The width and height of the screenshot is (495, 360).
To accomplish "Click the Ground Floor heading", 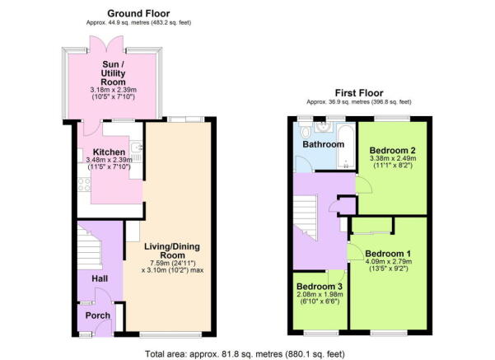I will pyautogui.click(x=139, y=14).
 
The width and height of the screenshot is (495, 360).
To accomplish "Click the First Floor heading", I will pyautogui.click(x=357, y=94).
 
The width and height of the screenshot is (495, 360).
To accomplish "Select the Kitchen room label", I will pyautogui.click(x=108, y=152).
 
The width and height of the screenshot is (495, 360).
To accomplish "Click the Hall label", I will pyautogui.click(x=100, y=280).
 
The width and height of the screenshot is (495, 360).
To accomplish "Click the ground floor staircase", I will pyautogui.click(x=89, y=244).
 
